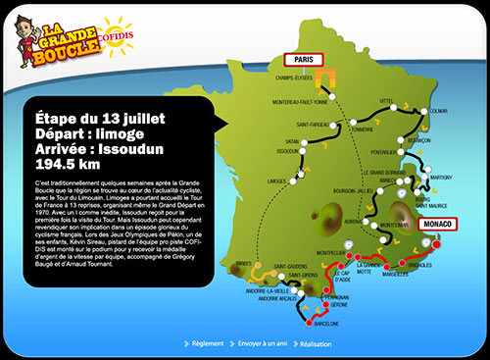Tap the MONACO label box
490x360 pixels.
[439, 224]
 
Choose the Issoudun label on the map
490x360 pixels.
[288, 152]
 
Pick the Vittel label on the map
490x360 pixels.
[385, 100]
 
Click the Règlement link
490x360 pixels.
[208, 344]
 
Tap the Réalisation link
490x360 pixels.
[318, 344]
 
